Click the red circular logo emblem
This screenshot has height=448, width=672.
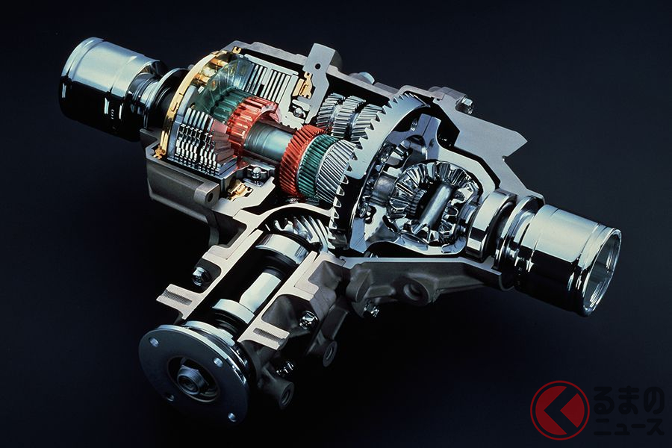point(560,410)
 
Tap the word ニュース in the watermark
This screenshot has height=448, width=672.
point(629,427)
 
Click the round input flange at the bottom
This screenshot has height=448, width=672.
point(194,370)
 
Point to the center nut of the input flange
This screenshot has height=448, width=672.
point(187,379)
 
